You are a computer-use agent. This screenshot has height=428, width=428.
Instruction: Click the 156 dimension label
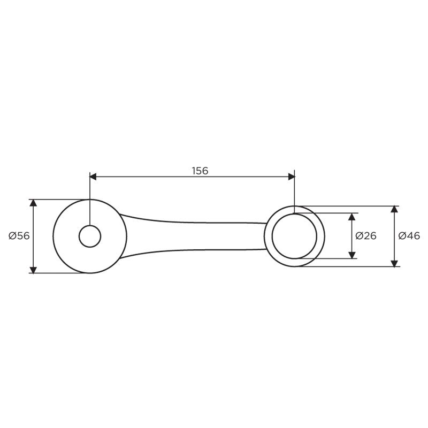[x=200, y=171]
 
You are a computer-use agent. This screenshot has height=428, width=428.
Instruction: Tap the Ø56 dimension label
[x=19, y=236]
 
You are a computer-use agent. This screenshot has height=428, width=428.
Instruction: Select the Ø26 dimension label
[x=366, y=236]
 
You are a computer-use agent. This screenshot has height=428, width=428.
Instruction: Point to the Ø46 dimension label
[x=409, y=236]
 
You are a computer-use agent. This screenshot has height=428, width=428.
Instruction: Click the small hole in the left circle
[x=90, y=236]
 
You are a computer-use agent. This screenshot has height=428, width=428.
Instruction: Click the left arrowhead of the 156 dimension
[x=93, y=177]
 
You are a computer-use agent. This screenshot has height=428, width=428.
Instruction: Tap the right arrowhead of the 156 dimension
[x=291, y=177]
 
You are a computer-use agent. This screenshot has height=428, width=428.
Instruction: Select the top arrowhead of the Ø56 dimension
[x=33, y=203]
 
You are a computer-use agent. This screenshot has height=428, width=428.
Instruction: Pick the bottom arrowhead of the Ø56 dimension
[x=33, y=270]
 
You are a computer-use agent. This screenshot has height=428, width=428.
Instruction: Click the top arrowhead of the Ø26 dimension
[x=352, y=217]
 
